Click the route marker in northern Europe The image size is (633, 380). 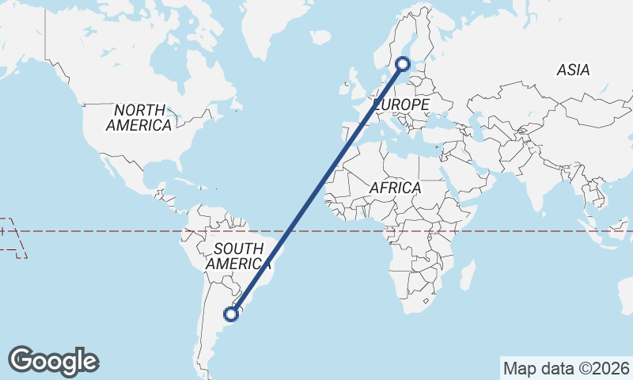tap(403, 64)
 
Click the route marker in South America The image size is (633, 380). tap(231, 314)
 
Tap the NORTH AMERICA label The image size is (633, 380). tap(138, 117)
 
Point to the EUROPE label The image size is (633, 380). tap(401, 104)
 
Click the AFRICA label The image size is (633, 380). tap(395, 188)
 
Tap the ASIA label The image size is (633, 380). tap(573, 70)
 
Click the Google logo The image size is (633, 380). tap(53, 360)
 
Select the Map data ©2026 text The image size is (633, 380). tap(567, 368)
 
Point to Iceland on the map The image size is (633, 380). tap(320, 36)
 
